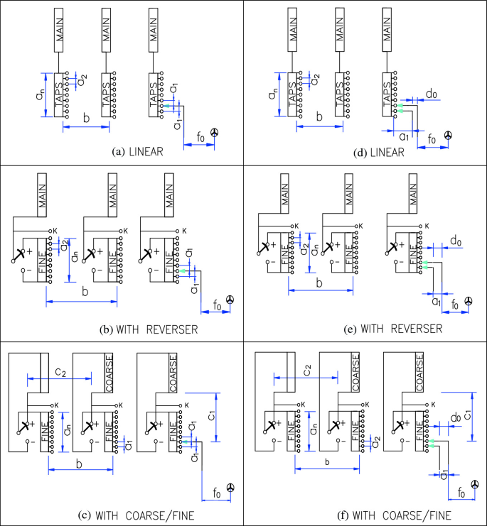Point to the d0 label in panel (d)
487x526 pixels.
click(432, 92)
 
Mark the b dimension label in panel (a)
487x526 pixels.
click(85, 118)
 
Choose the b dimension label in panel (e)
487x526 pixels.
click(319, 283)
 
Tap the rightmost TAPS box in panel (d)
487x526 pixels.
click(387, 92)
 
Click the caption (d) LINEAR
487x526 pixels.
click(380, 152)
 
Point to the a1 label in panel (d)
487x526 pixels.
click(402, 135)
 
